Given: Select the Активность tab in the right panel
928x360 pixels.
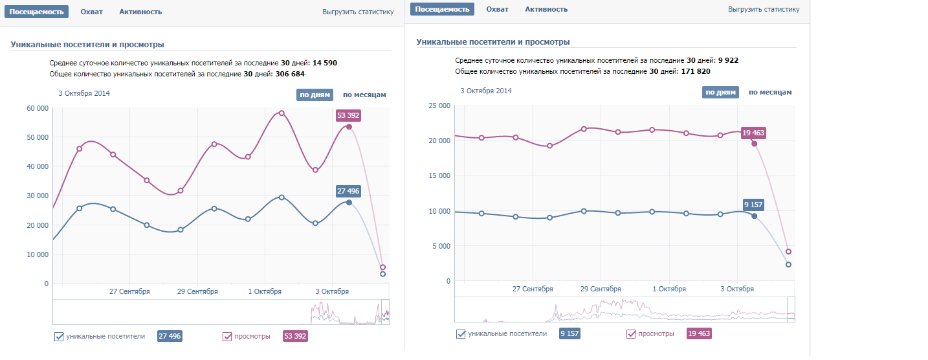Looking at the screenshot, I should click(546, 9).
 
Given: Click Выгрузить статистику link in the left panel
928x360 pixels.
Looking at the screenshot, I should click(358, 12).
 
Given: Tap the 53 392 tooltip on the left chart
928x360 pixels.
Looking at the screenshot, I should click(348, 116).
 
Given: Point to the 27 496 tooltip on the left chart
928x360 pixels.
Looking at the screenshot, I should click(348, 191).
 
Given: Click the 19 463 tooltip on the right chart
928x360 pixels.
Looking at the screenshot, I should click(754, 133).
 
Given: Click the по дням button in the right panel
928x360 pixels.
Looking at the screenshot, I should click(720, 92).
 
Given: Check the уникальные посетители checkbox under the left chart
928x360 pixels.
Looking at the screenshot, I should click(60, 336).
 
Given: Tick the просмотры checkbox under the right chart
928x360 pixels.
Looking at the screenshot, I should click(631, 334).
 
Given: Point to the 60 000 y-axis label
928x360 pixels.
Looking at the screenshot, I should click(37, 108).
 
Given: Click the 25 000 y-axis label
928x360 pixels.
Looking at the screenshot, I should click(439, 106).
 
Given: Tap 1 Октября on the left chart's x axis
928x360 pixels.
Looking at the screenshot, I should click(265, 291).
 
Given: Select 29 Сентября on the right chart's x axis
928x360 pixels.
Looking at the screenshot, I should click(601, 289).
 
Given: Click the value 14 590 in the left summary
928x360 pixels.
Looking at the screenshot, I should click(325, 63).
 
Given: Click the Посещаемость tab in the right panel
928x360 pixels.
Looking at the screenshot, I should click(442, 9).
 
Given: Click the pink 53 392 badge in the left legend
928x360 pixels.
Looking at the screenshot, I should click(295, 336).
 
